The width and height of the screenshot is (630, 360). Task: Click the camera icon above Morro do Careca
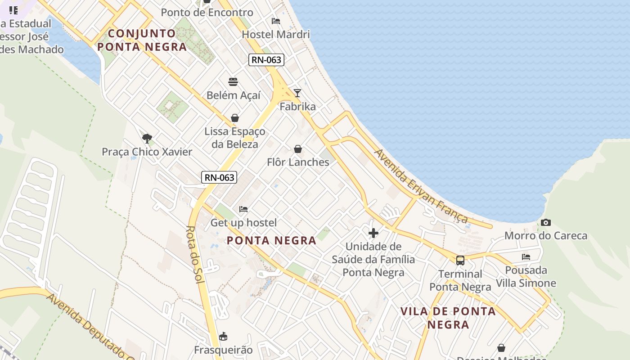546,222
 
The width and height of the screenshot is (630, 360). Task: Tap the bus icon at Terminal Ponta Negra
460,260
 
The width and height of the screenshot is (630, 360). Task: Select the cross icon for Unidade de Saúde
373,233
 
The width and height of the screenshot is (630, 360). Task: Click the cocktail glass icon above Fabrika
297,93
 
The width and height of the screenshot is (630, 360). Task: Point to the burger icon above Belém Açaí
233,82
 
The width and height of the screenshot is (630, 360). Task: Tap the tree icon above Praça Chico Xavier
147,138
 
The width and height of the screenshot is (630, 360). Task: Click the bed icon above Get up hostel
243,209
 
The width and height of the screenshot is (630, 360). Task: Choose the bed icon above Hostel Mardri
276,21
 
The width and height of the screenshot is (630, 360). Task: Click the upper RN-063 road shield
266,60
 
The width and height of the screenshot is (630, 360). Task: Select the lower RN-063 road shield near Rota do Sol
219,177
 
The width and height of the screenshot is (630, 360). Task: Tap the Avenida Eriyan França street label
421,186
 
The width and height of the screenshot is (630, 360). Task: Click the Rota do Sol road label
196,254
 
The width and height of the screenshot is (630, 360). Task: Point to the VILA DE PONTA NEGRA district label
448,318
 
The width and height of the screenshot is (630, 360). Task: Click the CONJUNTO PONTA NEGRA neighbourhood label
142,40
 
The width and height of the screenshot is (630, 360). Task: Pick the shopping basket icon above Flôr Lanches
297,149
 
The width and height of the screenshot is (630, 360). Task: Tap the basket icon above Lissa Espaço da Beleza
234,118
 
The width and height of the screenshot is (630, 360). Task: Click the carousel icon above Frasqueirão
223,336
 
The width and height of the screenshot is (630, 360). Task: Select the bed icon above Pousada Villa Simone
526,257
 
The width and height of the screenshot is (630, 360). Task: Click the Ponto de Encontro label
207,13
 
